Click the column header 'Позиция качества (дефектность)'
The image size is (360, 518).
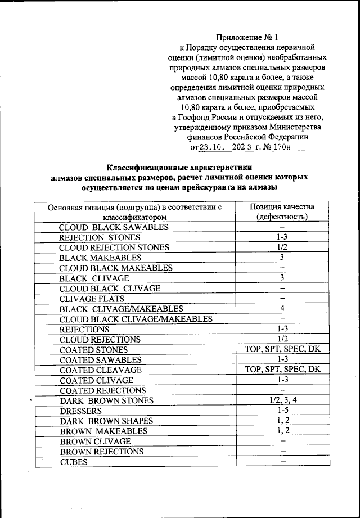click(282, 211)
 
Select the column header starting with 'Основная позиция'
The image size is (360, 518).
click(135, 211)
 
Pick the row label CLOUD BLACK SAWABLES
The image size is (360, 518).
click(114, 227)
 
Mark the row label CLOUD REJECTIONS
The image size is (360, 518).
click(100, 340)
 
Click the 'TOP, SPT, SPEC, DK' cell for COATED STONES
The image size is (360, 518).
click(282, 349)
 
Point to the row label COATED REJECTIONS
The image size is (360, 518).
click(102, 390)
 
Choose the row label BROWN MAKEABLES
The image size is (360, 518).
click(103, 431)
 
